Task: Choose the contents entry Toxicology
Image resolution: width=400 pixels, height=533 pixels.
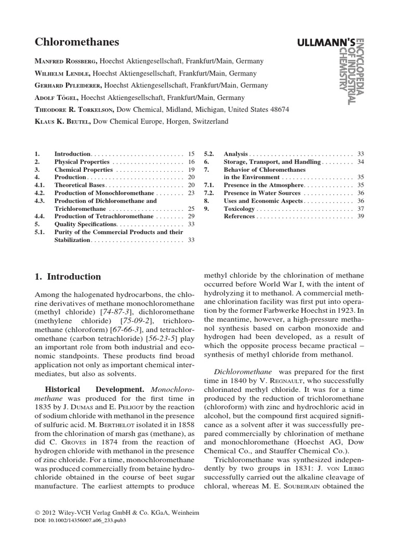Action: click(239, 208)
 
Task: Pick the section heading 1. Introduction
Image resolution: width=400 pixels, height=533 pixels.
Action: click(68, 277)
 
